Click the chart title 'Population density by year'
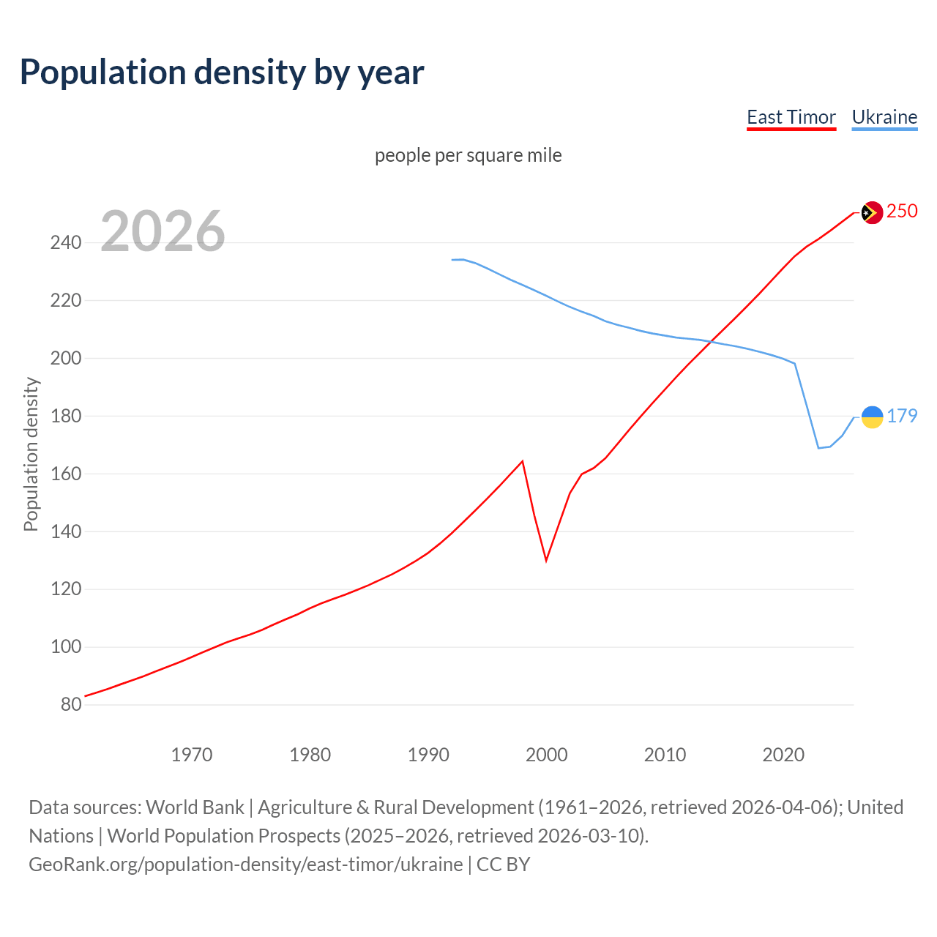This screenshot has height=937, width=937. click(222, 72)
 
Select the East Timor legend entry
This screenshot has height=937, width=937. click(791, 117)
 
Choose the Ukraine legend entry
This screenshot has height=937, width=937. click(884, 117)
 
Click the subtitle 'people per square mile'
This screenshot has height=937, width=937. click(468, 155)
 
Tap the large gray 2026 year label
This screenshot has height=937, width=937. click(163, 231)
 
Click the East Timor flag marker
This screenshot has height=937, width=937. click(871, 212)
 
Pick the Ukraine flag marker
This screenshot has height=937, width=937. click(871, 417)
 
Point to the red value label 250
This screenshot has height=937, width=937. click(902, 211)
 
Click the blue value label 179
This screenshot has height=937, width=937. click(902, 416)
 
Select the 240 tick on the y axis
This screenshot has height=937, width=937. click(66, 242)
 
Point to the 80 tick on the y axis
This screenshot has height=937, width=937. click(71, 704)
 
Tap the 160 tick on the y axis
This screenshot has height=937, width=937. click(66, 474)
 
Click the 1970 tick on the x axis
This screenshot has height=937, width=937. click(192, 754)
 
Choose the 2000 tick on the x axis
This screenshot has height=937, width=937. click(547, 754)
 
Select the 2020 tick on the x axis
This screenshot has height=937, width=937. click(783, 754)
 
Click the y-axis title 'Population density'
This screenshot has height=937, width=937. click(31, 454)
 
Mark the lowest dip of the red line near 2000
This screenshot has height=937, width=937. click(546, 560)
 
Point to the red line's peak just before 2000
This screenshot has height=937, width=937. click(522, 461)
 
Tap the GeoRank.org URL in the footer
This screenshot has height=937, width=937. click(245, 864)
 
